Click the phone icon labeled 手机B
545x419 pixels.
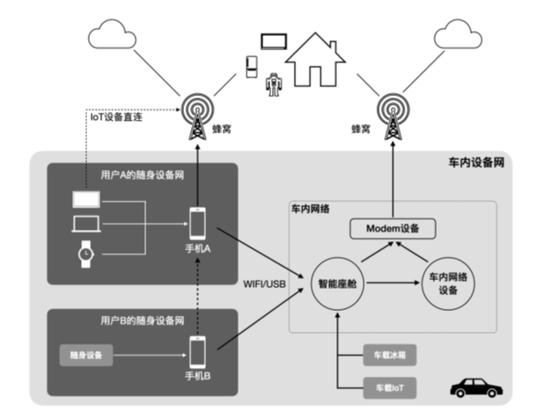tap(197, 352)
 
